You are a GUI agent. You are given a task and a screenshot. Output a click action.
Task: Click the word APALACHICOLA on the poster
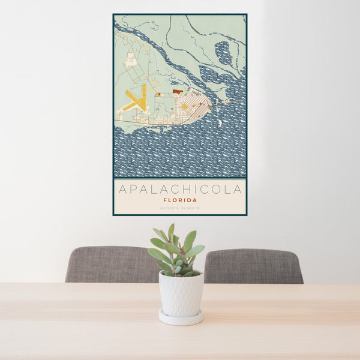pyautogui.click(x=180, y=190)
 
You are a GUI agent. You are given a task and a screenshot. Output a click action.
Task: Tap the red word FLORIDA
pyautogui.click(x=180, y=200)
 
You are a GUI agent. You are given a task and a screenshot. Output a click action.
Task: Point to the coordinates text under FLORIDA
pyautogui.click(x=180, y=208)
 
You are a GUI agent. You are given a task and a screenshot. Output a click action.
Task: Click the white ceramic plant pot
pyautogui.click(x=181, y=293)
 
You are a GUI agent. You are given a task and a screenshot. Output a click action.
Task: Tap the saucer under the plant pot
pyautogui.click(x=181, y=318)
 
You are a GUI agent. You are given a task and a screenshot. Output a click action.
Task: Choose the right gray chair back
pyautogui.click(x=254, y=265)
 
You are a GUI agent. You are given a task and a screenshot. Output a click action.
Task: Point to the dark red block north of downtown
pyautogui.click(x=177, y=91)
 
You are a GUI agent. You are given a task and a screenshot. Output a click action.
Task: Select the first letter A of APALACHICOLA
pyautogui.click(x=123, y=190)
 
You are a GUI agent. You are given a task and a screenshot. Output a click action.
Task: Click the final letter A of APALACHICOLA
pyautogui.click(x=238, y=190)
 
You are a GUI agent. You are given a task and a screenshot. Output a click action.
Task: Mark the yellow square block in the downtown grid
pyautogui.click(x=185, y=107)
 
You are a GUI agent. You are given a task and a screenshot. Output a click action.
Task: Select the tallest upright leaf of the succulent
pyautogui.click(x=171, y=232)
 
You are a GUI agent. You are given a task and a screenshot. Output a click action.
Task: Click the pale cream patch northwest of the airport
pyautogui.click(x=131, y=60)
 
